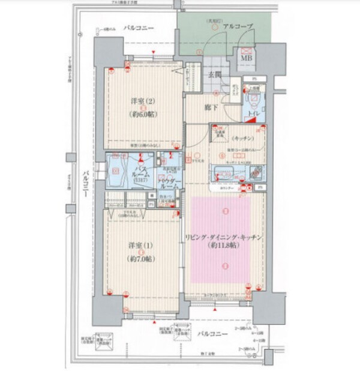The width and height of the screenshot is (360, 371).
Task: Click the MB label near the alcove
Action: pos(246,58)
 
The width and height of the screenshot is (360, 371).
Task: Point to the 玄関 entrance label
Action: pos(215,75)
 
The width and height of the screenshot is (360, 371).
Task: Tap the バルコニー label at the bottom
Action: pos(212,332)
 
